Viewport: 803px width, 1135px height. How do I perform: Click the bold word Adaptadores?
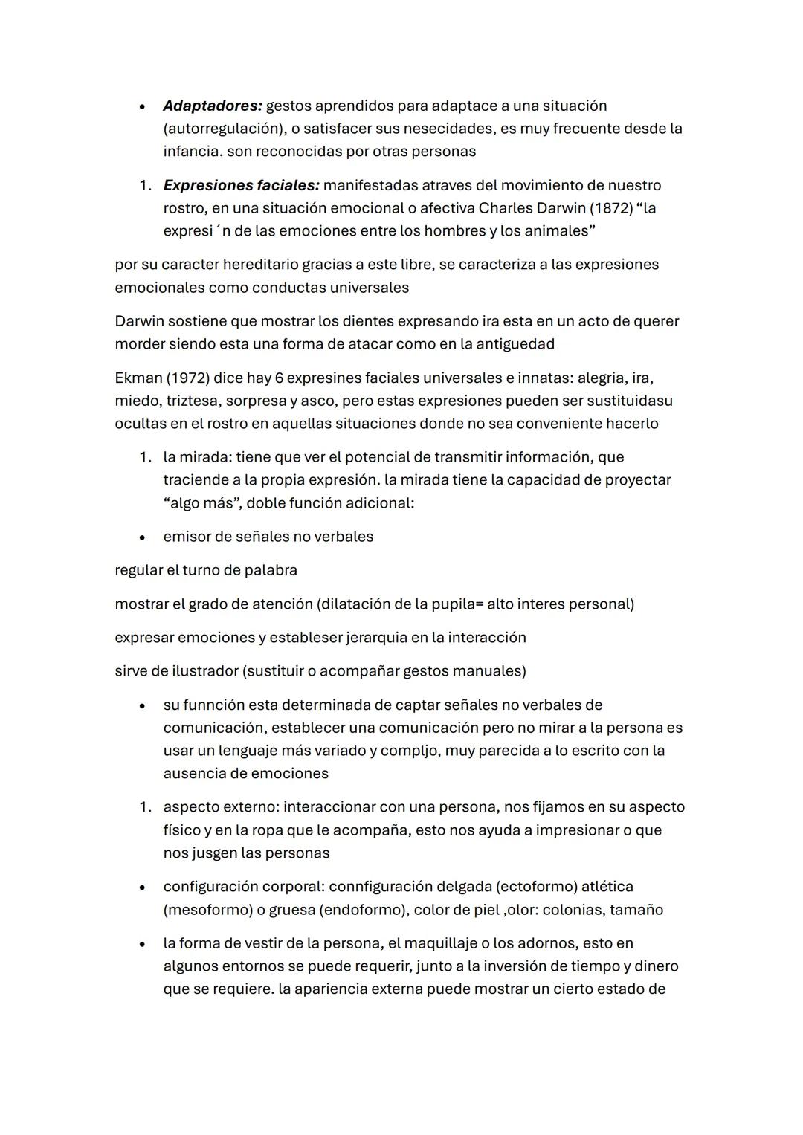coord(212,106)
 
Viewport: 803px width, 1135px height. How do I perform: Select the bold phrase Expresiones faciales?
coord(241,185)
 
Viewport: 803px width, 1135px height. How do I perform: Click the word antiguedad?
coord(515,344)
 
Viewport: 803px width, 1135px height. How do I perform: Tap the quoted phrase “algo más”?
coord(201,503)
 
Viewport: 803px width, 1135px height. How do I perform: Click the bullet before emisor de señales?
coord(141,537)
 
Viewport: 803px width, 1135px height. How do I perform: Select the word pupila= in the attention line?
coord(457,604)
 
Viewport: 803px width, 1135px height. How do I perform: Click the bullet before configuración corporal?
coord(141,887)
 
